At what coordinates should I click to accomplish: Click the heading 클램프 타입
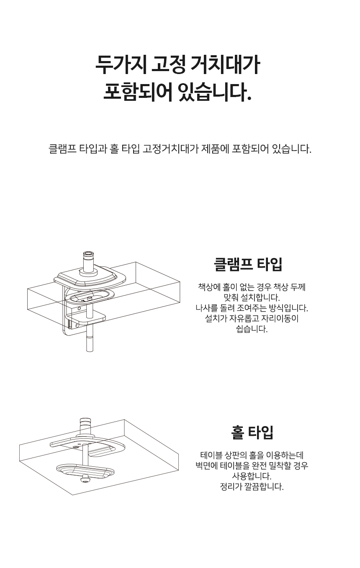[x=248, y=264]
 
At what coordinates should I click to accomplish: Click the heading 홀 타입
[x=252, y=432]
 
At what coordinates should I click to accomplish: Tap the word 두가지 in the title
[x=121, y=64]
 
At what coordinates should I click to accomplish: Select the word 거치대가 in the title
[x=225, y=64]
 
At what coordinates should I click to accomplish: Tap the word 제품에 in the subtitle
[x=215, y=149]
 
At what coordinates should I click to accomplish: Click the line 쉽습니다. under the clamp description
[x=252, y=329]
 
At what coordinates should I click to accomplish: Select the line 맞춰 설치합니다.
[x=252, y=298]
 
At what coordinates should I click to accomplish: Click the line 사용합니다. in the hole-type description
[x=252, y=476]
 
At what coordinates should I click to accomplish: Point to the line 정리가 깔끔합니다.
[x=252, y=487]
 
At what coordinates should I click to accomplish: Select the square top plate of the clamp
[x=90, y=277]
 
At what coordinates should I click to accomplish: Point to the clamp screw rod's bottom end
[x=89, y=351]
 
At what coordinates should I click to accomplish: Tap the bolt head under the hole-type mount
[x=85, y=479]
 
